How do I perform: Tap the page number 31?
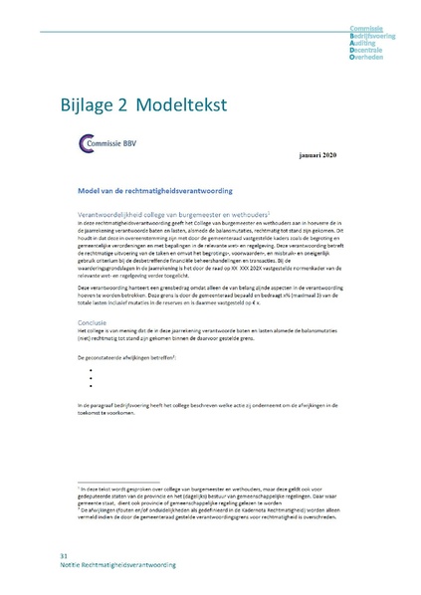click(x=65, y=553)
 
